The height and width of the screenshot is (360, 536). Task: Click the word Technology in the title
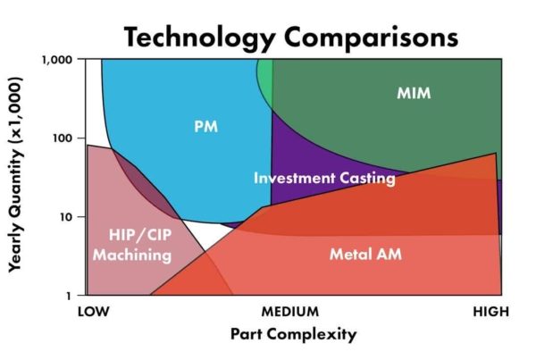(199, 38)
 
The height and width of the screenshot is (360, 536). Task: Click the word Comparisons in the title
(371, 38)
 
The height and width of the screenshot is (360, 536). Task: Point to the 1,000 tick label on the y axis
(57, 60)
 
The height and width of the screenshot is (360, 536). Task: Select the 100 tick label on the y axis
(63, 138)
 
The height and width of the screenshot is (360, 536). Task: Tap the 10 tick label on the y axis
(67, 217)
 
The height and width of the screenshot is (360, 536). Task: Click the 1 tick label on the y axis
(69, 296)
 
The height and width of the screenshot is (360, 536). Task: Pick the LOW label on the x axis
(94, 312)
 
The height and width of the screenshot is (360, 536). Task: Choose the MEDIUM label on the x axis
(289, 312)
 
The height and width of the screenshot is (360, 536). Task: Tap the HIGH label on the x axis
(490, 312)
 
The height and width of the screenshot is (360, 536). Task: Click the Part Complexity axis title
(294, 334)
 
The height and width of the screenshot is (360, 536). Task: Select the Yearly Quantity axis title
(16, 175)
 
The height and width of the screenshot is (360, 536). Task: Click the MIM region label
(414, 93)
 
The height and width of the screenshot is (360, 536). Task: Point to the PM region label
(205, 127)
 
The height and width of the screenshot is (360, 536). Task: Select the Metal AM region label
(365, 255)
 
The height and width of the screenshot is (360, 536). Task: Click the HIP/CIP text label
(140, 235)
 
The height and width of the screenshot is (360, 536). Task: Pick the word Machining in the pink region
(132, 255)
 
